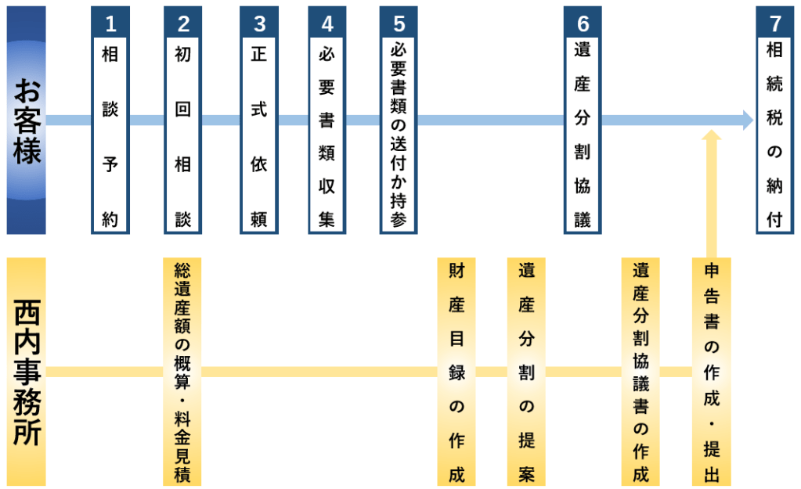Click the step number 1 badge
click(110, 23)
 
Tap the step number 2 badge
click(183, 23)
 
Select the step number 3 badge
click(259, 23)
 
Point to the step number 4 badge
click(327, 23)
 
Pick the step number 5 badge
click(399, 23)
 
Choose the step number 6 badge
click(583, 23)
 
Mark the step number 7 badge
click(774, 23)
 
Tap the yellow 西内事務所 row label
click(27, 372)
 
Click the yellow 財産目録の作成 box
click(456, 372)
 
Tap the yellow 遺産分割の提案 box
click(526, 372)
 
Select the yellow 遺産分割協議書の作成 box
click(640, 372)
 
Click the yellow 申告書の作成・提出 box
click(712, 372)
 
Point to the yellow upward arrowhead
click(712, 136)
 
